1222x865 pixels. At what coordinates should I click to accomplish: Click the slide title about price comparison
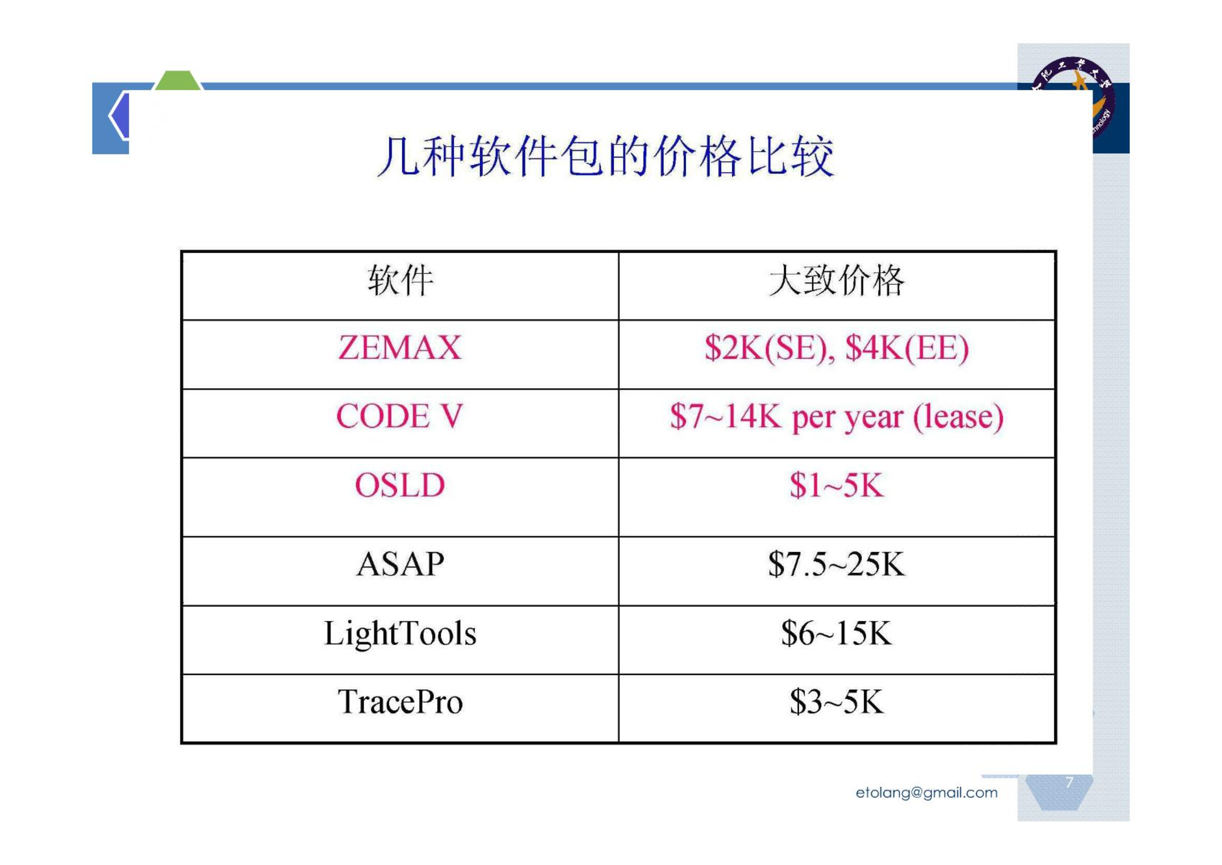[605, 156]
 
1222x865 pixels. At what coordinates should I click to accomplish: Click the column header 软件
[400, 281]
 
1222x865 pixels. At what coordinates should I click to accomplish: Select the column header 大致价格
[836, 281]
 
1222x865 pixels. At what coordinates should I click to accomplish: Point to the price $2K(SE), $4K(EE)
[836, 348]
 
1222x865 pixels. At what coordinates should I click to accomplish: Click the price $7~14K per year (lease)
[836, 417]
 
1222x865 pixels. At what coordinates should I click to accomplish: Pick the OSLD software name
[400, 485]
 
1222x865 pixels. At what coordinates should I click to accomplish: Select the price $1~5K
[836, 485]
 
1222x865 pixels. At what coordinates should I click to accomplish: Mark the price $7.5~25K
[836, 564]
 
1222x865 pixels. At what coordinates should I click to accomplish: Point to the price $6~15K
[836, 633]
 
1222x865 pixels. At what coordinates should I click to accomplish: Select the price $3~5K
[836, 702]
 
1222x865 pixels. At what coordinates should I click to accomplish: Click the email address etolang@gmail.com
[926, 793]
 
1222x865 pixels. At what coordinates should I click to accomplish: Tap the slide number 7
[1069, 782]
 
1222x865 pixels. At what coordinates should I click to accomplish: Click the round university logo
[1073, 97]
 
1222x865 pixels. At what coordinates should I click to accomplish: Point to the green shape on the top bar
[178, 80]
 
